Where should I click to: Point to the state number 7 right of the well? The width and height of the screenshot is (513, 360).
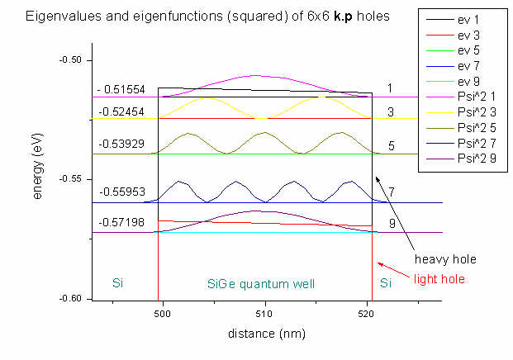click(x=392, y=192)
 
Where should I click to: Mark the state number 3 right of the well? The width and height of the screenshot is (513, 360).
click(x=391, y=111)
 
